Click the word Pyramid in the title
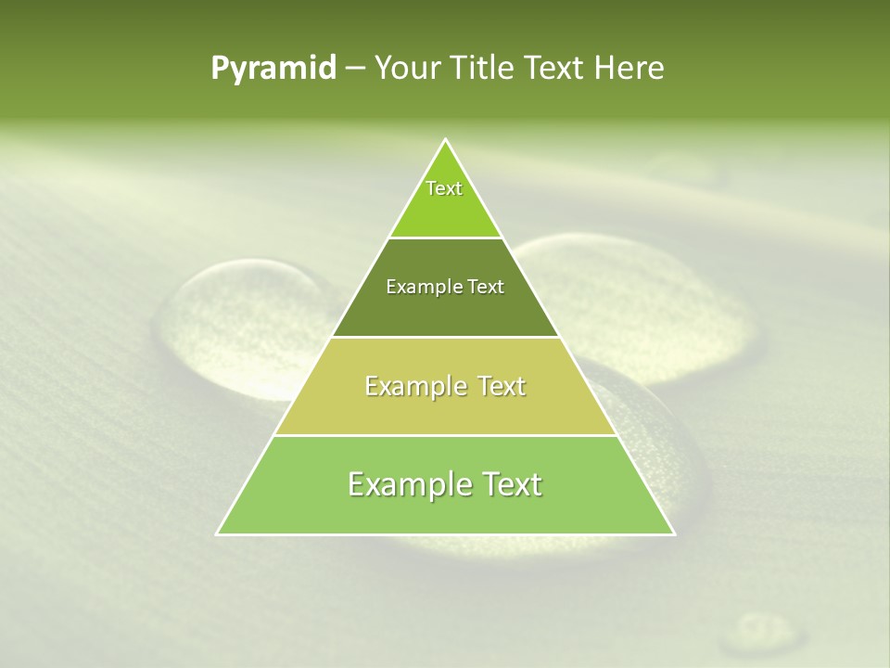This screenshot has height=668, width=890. click(x=273, y=69)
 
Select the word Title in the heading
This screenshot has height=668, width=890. click(x=483, y=69)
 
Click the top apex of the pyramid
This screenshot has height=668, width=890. click(x=446, y=141)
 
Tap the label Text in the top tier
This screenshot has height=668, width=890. click(x=444, y=188)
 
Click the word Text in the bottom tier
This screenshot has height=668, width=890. click(x=512, y=484)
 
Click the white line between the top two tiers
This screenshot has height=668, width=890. click(x=446, y=238)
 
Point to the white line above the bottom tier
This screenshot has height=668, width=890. click(x=446, y=435)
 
